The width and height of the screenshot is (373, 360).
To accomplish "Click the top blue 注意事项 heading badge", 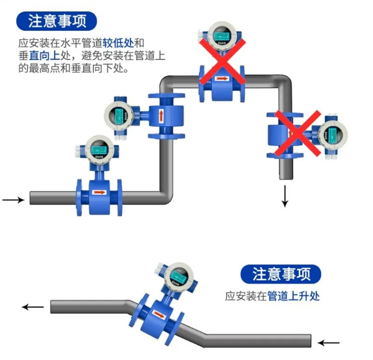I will click(56, 20).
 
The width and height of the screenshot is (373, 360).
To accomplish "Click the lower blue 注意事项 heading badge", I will click(280, 274).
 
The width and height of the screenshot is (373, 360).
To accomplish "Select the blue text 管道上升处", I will click(293, 296).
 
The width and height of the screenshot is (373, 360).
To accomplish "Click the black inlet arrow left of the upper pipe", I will click(13, 200).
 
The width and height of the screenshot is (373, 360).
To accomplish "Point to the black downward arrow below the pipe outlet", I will click(285, 196).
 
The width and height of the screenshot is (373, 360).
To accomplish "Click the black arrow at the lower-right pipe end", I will click(329, 342).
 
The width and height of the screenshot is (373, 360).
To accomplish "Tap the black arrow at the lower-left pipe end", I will click(33, 307).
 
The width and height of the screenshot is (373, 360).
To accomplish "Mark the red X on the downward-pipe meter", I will click(298, 133).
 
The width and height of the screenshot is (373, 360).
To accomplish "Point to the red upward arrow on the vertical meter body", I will click(162, 116).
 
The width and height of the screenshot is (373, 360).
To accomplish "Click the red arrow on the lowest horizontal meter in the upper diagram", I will click(99, 191).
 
